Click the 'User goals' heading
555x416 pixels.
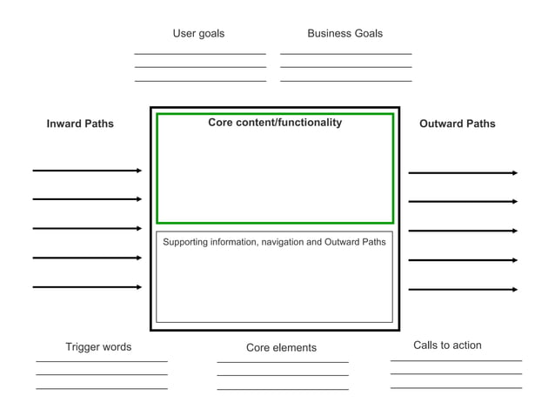tap(198, 34)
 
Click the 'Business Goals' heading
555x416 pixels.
tap(344, 34)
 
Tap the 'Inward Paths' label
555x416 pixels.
tap(80, 124)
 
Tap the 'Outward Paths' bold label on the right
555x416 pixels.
tap(457, 124)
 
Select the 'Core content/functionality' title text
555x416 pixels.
tap(275, 123)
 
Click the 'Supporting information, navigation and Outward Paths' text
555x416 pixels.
tap(274, 242)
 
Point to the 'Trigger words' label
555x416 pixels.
tap(98, 347)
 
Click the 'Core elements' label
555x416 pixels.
tap(281, 348)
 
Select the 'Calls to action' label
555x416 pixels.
tap(447, 346)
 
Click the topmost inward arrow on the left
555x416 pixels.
tap(87, 171)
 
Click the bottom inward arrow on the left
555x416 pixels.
tap(87, 286)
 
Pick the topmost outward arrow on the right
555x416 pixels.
tap(463, 173)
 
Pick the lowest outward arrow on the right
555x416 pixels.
tap(463, 289)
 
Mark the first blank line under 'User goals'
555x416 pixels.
tap(200, 54)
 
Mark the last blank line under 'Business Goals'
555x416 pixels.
tap(345, 81)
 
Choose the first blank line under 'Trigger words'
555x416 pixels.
tap(102, 361)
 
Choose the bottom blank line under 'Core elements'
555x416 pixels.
tap(283, 389)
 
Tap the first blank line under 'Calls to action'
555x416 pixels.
tap(456, 360)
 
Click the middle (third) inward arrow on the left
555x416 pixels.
tap(87, 228)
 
